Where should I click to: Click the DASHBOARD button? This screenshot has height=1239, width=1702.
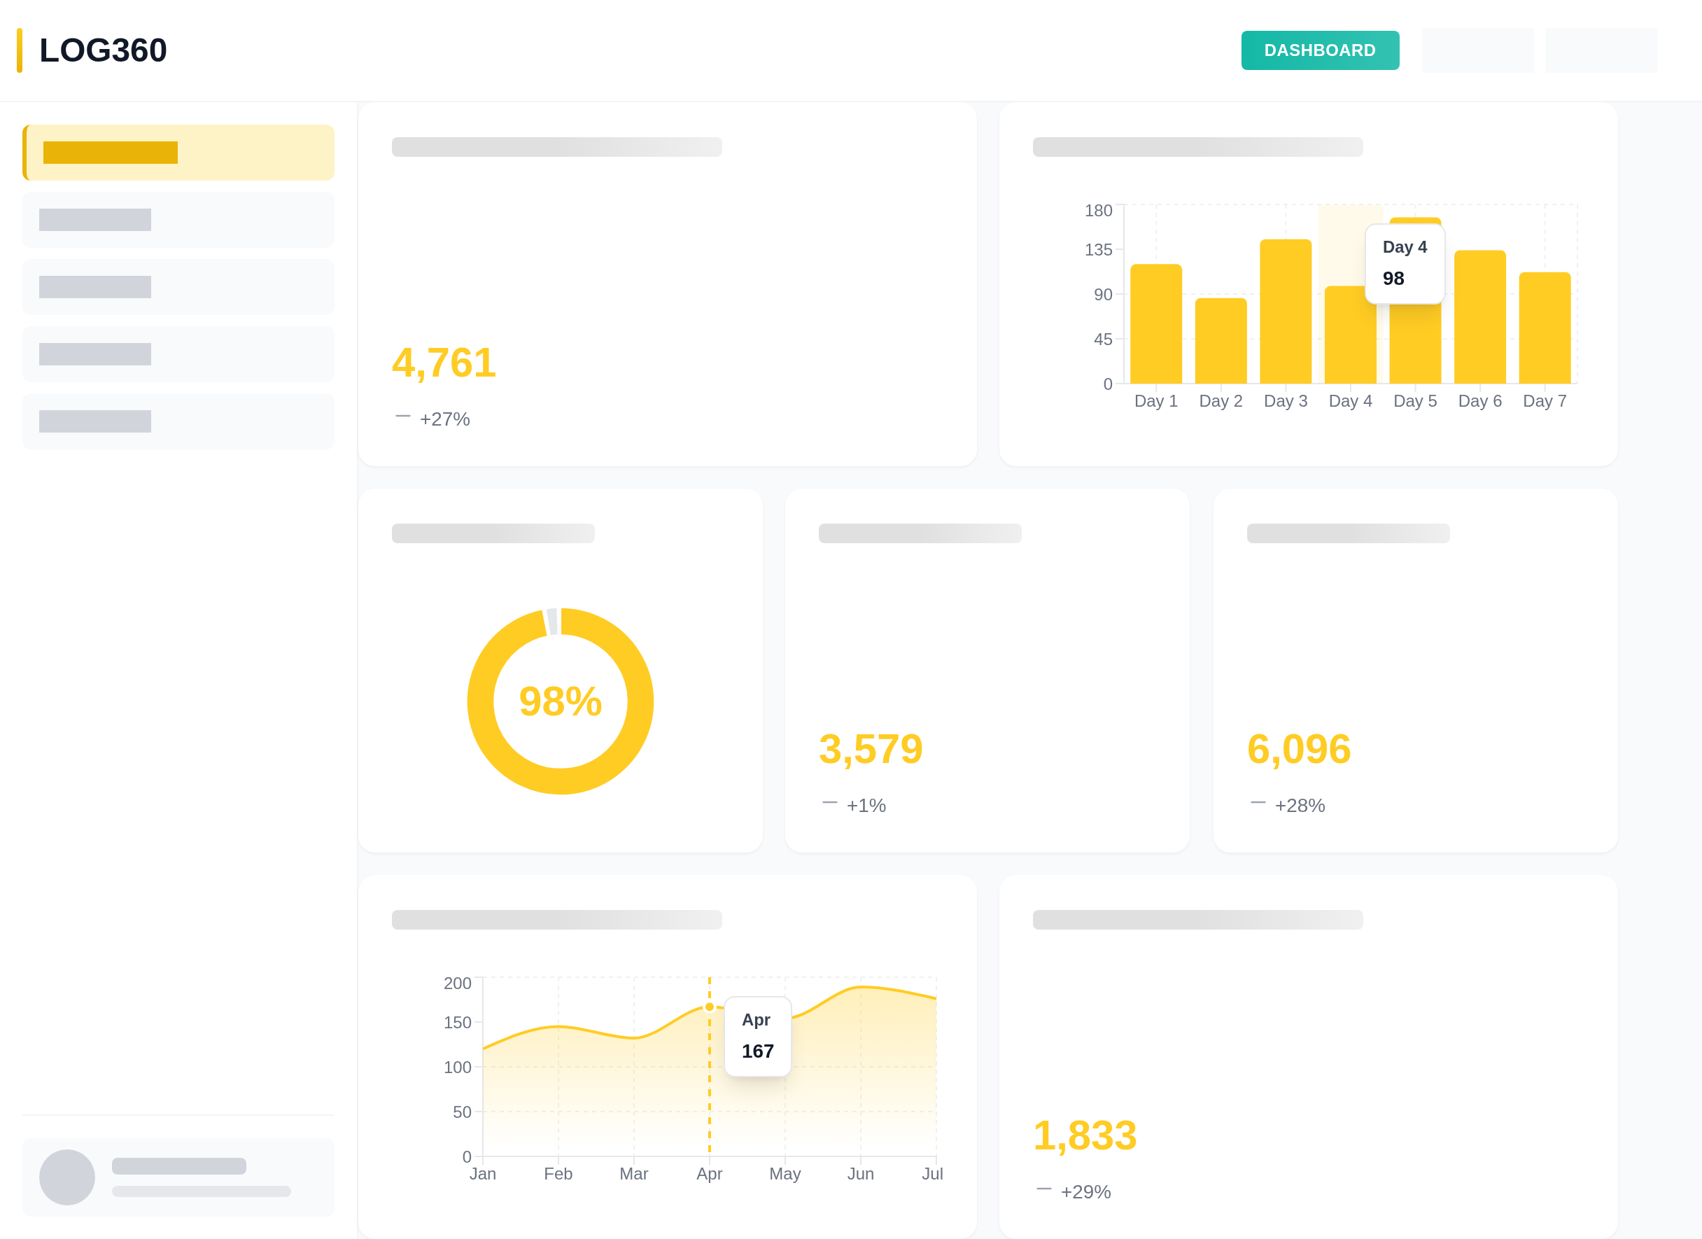(1319, 50)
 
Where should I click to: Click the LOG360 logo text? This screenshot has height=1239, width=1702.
(103, 50)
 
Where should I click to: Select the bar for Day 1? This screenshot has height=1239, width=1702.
(1155, 323)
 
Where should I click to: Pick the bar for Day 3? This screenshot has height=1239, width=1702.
(1285, 311)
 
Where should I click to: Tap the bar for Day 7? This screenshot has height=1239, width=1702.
(1544, 328)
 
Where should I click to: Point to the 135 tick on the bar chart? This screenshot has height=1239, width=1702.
(1098, 250)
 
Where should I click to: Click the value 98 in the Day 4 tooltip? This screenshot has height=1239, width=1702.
(1393, 279)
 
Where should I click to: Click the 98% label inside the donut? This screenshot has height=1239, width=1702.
(560, 701)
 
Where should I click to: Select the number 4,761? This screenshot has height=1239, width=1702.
(444, 363)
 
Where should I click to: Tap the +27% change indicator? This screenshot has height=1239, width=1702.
(444, 419)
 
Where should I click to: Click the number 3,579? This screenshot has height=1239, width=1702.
(870, 749)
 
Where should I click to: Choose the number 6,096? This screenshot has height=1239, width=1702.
(1298, 749)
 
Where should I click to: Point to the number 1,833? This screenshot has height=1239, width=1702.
(1084, 1135)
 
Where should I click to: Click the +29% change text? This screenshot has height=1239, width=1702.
(1085, 1191)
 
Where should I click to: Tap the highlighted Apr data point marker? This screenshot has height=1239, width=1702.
(709, 1007)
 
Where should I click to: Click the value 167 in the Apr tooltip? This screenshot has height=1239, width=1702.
(757, 1051)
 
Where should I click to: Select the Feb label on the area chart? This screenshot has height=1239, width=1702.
(558, 1174)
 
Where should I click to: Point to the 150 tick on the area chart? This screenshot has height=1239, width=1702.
(457, 1022)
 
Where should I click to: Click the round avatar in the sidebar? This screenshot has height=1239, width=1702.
(66, 1177)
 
